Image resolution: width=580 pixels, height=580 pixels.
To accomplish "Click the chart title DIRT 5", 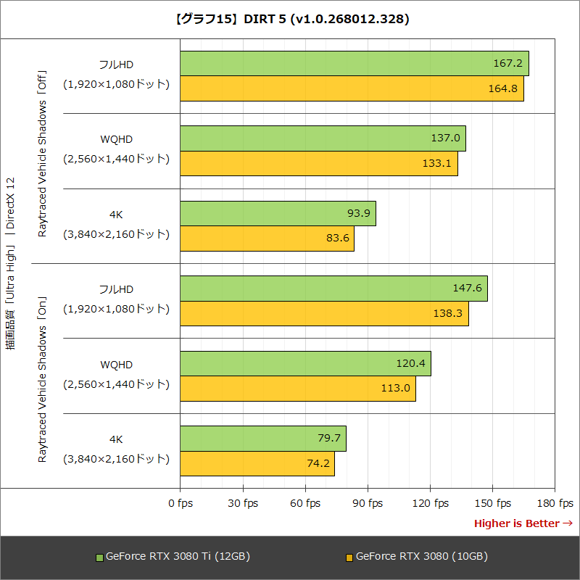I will click(x=290, y=19).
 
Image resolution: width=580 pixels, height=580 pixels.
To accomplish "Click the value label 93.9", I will click(x=359, y=213).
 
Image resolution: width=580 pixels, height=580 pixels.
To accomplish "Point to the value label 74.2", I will click(x=318, y=463).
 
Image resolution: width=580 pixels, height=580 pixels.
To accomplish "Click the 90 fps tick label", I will click(x=368, y=503).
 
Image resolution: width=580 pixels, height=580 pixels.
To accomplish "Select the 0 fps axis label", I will click(x=181, y=503).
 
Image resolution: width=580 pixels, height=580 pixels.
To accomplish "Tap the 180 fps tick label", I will click(x=555, y=503).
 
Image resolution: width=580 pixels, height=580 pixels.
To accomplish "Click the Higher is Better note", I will click(x=523, y=523).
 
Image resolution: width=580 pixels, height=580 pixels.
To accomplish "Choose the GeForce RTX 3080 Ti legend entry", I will click(x=174, y=557).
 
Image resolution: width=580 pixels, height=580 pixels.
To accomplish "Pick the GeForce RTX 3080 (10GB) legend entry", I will click(x=416, y=557).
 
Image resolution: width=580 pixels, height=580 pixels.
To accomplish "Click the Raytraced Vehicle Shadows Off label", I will click(x=42, y=153).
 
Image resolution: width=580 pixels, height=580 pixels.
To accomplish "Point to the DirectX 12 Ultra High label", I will click(x=10, y=264).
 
